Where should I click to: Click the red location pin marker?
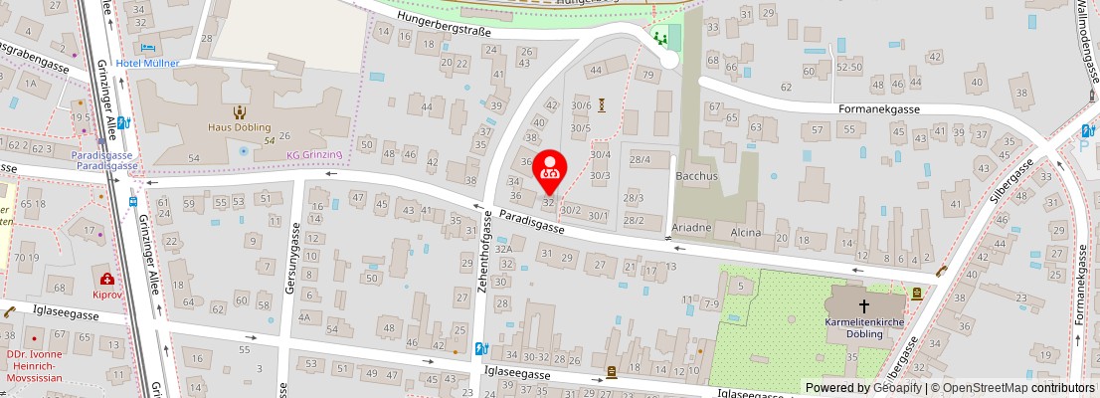pos(550,171)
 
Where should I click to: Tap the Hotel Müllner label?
pos(147,63)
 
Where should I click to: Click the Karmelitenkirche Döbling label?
pos(863,329)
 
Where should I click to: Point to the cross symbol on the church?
pos(863,306)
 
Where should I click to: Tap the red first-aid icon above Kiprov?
pos(105,281)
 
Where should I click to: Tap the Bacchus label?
pos(696,176)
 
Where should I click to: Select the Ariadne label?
pos(692,228)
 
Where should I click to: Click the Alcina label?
pos(746,233)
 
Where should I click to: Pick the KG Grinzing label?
pos(314,155)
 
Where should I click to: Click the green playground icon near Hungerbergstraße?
pos(660,39)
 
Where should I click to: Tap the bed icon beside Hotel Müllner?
pos(148,47)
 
